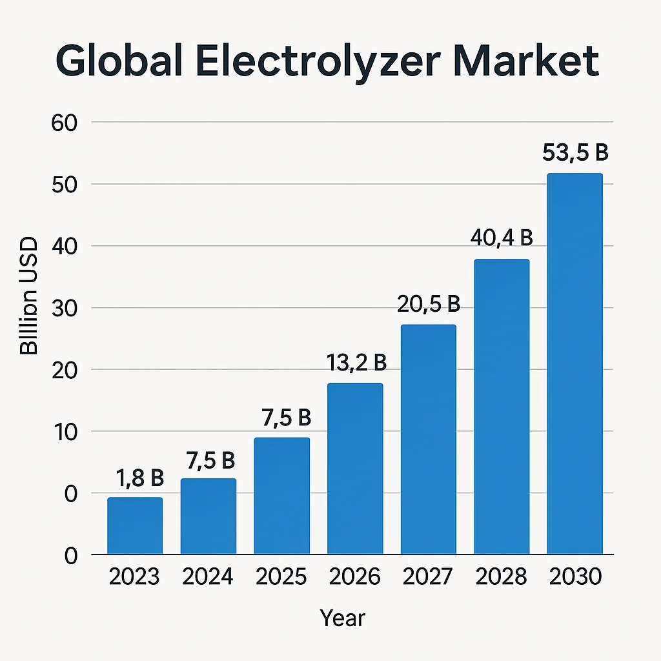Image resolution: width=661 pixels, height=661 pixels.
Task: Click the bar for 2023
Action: tap(135, 526)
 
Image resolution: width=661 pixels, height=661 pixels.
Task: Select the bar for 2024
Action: tap(208, 516)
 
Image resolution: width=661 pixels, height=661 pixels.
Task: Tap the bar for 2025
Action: tap(281, 496)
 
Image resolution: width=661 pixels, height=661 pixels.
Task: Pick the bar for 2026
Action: tap(355, 469)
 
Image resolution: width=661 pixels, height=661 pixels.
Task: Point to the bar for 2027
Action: tap(428, 440)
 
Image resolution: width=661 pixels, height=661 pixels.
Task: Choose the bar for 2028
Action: tap(502, 407)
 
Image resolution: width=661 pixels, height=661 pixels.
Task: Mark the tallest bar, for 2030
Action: tap(575, 364)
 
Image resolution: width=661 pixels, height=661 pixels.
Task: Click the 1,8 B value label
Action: tap(140, 478)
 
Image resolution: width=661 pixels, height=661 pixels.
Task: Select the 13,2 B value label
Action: tap(356, 363)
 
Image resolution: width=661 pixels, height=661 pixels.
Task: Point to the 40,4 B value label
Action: tap(502, 238)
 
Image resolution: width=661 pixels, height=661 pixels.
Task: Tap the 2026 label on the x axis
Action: tap(354, 576)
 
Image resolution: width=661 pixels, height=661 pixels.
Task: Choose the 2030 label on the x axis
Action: tap(575, 576)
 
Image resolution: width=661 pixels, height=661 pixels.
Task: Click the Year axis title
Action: tap(342, 618)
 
